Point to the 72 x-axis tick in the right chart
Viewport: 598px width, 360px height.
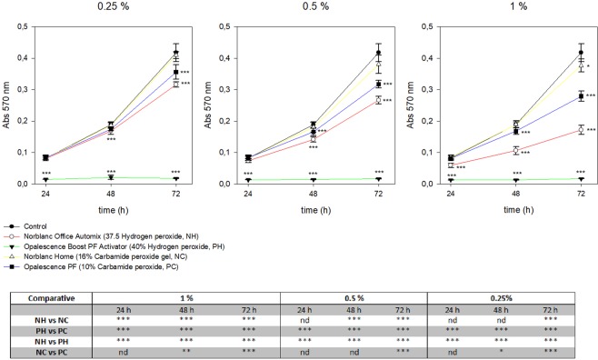[579, 194]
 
